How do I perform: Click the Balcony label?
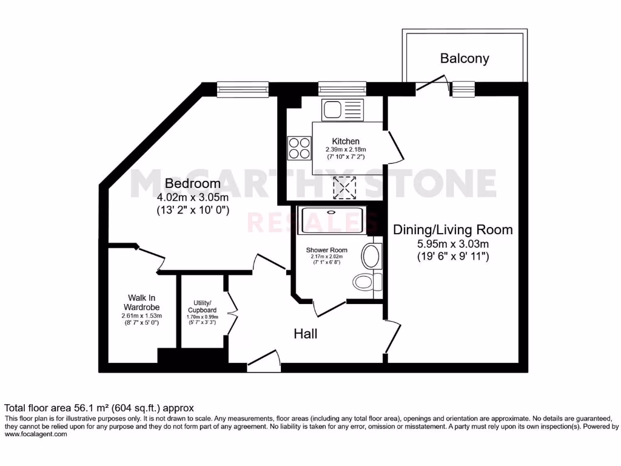465,59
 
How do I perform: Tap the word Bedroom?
192,183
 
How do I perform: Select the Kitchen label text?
346,141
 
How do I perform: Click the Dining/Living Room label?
452,230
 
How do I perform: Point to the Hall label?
306,334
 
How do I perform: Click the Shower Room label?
326,250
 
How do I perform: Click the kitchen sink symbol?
343,110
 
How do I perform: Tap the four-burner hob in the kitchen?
299,146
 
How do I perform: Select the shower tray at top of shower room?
332,220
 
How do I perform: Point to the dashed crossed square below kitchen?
346,187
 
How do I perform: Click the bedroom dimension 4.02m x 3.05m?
192,198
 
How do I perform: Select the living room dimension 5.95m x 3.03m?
452,244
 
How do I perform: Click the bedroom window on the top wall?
242,89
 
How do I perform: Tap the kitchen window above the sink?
342,89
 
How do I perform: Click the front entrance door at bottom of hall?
264,364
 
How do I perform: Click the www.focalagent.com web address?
36,434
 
